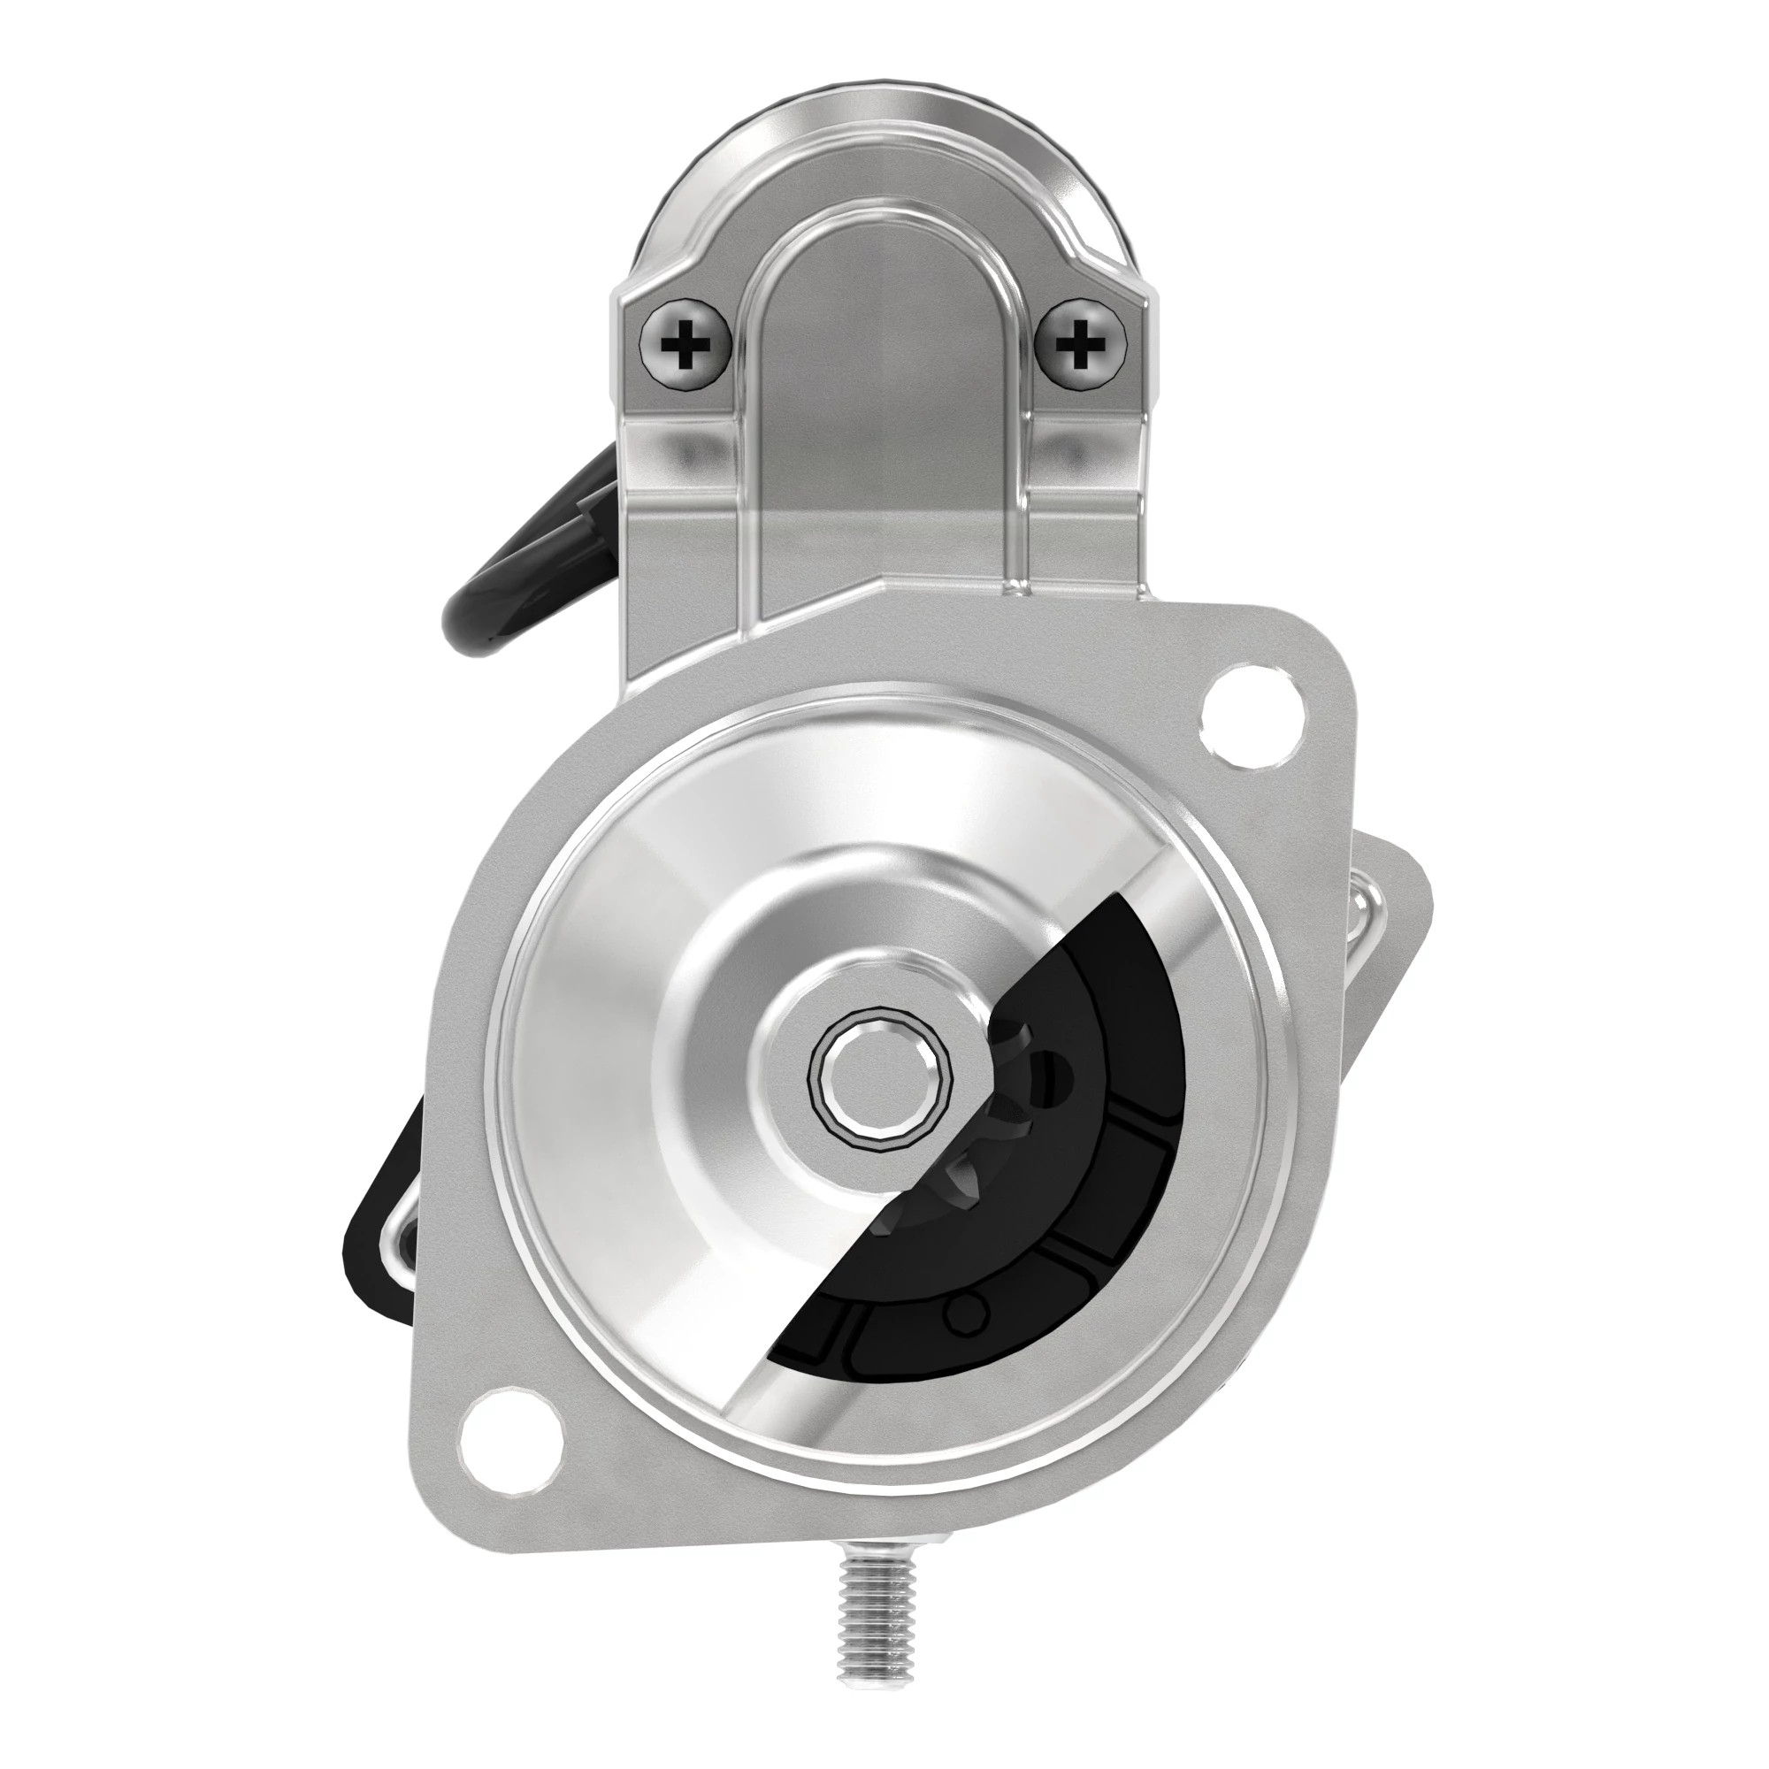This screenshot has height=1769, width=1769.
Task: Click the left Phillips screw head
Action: (x=685, y=345)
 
